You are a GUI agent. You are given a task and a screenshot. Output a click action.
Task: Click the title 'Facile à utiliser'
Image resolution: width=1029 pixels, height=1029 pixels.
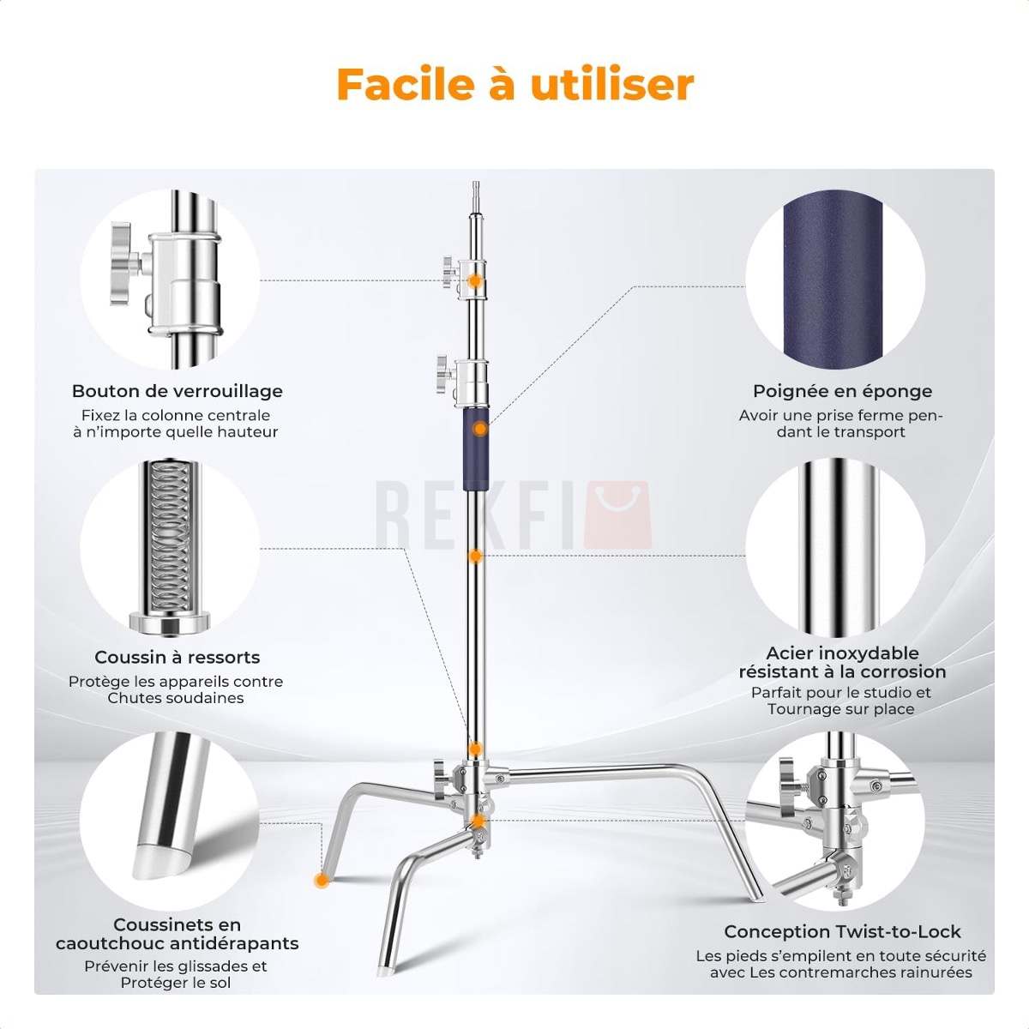(x=515, y=85)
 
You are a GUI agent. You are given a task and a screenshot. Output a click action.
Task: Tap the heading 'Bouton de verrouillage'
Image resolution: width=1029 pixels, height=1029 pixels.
(x=178, y=391)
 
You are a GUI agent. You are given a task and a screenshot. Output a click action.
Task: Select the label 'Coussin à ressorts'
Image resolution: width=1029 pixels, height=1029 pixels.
(x=178, y=657)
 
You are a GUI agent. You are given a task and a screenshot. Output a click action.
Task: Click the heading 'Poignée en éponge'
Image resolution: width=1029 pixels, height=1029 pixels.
(x=843, y=391)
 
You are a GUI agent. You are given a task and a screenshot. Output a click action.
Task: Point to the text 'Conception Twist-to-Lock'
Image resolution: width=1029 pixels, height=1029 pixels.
(x=843, y=931)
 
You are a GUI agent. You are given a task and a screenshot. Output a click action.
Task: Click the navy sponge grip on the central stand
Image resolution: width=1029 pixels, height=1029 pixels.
(x=475, y=445)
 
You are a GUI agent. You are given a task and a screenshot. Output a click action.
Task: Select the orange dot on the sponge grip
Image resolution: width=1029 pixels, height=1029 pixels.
(x=480, y=429)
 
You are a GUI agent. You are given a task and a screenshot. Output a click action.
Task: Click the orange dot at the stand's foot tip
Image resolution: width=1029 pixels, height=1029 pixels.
(x=321, y=881)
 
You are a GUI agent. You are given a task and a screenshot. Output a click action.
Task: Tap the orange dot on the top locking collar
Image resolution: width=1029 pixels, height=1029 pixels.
(x=474, y=280)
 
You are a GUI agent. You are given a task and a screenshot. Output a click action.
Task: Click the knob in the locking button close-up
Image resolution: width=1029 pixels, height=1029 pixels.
(x=122, y=264)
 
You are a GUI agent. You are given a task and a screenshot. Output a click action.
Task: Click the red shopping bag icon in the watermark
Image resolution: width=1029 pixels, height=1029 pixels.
(x=617, y=514)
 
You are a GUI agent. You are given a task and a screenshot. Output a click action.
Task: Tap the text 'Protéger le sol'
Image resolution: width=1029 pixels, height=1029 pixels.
(x=176, y=983)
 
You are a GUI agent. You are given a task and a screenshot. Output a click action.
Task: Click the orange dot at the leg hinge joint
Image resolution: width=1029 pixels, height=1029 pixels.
(x=478, y=821)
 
